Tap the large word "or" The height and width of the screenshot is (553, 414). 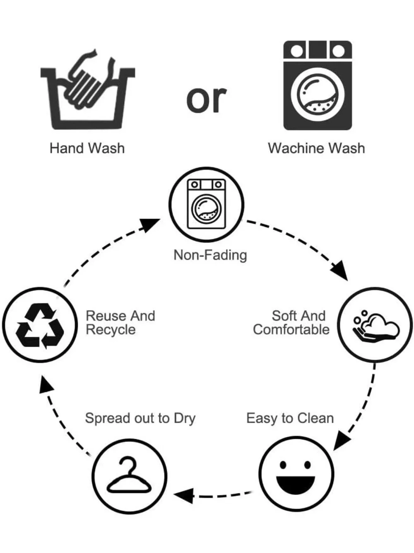click(x=207, y=99)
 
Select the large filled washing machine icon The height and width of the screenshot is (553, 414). click(x=318, y=85)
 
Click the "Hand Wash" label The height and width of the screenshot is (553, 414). click(x=87, y=148)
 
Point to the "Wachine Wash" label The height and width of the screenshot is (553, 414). click(x=316, y=148)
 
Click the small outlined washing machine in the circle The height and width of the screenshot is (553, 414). click(x=207, y=204)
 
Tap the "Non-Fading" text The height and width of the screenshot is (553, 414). click(x=210, y=255)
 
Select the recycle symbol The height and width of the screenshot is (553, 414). click(x=40, y=325)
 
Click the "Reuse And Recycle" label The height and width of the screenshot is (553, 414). click(x=120, y=322)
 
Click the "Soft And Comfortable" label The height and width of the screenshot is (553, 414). click(x=291, y=322)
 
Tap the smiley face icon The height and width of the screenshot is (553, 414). click(x=296, y=475)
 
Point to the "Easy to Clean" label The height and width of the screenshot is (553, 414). click(x=290, y=419)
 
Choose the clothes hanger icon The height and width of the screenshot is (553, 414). click(x=129, y=475)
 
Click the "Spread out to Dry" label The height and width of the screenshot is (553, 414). click(x=140, y=419)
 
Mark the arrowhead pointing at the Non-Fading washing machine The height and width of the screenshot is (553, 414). click(x=150, y=225)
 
